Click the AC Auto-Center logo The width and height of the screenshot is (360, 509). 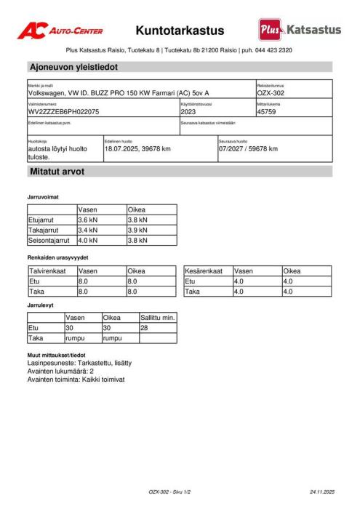[x=60, y=31]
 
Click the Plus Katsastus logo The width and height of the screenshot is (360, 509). [x=299, y=30]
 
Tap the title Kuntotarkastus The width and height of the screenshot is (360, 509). [x=180, y=31]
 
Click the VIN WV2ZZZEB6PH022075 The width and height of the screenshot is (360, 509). [x=64, y=112]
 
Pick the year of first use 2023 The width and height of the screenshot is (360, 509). [x=188, y=112]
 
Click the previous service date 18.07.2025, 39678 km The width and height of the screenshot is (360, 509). [x=138, y=148]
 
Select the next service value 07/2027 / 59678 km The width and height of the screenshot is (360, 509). [x=249, y=148]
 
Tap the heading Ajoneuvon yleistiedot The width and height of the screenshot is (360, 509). [x=73, y=67]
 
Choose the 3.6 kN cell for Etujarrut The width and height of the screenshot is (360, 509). [x=87, y=219]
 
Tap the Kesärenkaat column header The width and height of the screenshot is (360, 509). [x=204, y=271]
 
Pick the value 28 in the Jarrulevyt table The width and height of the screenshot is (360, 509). [x=145, y=328]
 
